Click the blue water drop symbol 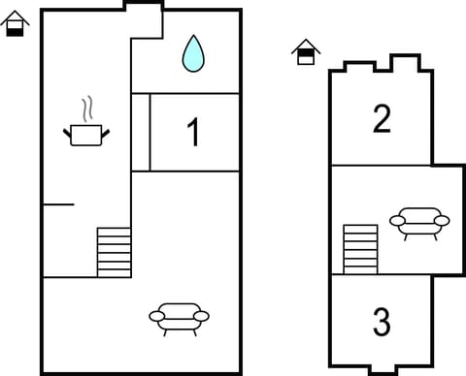click(194, 54)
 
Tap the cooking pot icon click(85, 134)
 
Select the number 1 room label click(194, 133)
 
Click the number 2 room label click(382, 119)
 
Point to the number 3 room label click(382, 320)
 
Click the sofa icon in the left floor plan click(179, 316)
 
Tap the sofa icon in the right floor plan click(419, 222)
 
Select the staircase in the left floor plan click(114, 252)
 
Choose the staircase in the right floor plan click(360, 249)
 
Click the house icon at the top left click(14, 22)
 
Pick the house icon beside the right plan click(306, 52)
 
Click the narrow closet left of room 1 click(141, 133)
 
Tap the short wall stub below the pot click(58, 204)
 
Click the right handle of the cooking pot click(106, 132)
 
